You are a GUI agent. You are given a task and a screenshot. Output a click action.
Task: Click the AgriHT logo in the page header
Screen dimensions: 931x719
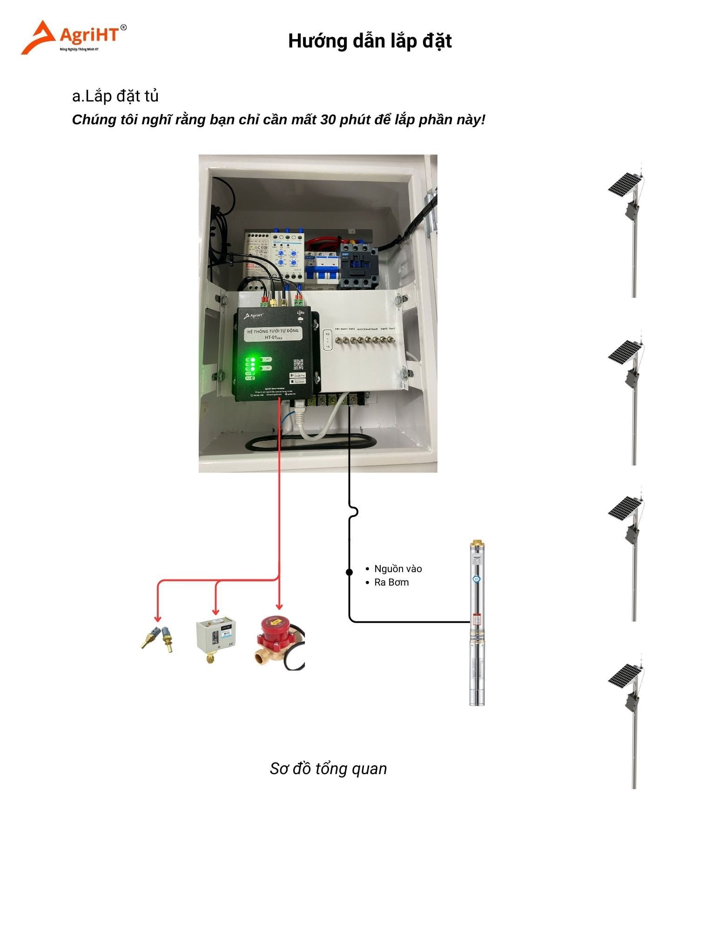pyautogui.click(x=74, y=37)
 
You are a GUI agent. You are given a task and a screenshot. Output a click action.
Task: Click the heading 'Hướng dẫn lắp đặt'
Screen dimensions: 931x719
pyautogui.click(x=370, y=41)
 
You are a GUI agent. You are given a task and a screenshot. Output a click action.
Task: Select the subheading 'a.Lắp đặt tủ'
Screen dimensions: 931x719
pyautogui.click(x=115, y=96)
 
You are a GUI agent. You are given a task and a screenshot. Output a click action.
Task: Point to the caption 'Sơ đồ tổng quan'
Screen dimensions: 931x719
pyautogui.click(x=328, y=768)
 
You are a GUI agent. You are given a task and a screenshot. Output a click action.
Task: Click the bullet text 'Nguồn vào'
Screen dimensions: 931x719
pyautogui.click(x=398, y=569)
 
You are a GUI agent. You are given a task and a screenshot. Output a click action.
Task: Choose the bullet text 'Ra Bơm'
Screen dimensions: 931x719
pyautogui.click(x=391, y=582)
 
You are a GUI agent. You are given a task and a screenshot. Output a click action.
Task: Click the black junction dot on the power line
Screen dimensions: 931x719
pyautogui.click(x=349, y=572)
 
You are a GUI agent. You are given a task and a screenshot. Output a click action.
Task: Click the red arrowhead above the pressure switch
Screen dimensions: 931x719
pyautogui.click(x=215, y=611)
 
